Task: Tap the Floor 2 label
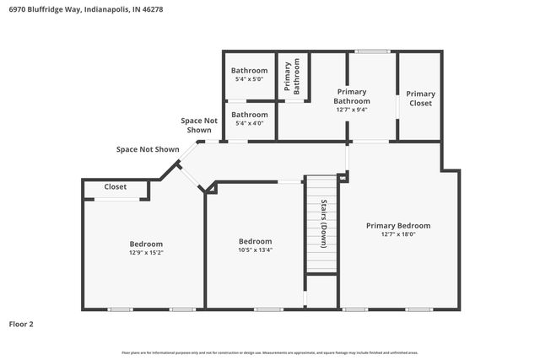pos(21,324)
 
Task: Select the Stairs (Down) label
pos(323,223)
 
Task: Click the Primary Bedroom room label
pos(397,225)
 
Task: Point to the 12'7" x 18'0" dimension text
pos(397,234)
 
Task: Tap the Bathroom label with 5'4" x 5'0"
pos(250,71)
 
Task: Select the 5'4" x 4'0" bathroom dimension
pos(250,123)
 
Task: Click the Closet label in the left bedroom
pos(116,187)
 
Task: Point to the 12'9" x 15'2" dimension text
pos(146,252)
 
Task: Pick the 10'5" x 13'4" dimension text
pos(255,250)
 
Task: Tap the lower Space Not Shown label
pos(148,149)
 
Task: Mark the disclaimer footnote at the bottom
pos(270,352)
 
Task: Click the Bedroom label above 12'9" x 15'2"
pos(146,244)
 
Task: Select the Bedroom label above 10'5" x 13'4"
pos(255,241)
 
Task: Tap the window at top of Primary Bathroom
pos(372,52)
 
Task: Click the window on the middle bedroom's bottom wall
pos(268,309)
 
